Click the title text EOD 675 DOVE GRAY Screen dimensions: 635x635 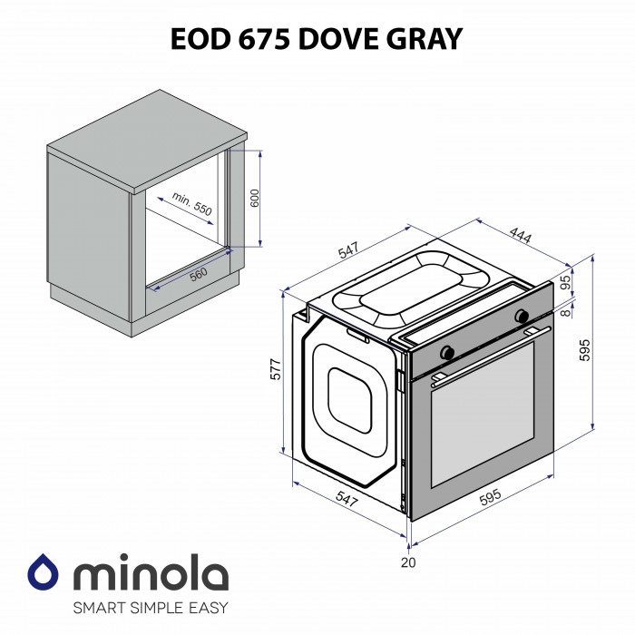click(317, 37)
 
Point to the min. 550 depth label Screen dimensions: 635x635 click(191, 203)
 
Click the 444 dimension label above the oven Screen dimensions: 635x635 click(519, 235)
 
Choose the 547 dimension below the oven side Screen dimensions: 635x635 click(346, 498)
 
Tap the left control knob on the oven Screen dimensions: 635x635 click(446, 351)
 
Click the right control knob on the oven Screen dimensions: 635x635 click(522, 316)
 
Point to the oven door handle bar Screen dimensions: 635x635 click(490, 354)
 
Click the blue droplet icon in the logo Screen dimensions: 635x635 click(43, 572)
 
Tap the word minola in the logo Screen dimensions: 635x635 click(150, 574)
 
